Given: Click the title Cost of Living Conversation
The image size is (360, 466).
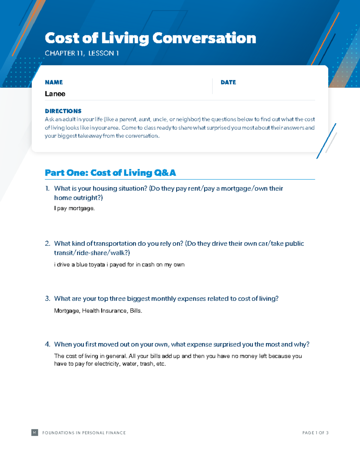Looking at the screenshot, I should tap(150, 38).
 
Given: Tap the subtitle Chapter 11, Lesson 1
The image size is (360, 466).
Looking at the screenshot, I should tap(82, 53).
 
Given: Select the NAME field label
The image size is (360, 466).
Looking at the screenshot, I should tap(54, 82).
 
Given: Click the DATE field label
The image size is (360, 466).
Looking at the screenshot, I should tap(228, 82).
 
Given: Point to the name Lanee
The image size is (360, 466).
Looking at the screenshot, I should tap(55, 94).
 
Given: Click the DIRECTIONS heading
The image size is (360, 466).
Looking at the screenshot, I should tap(63, 111).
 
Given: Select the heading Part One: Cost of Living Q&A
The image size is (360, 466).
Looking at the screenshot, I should tap(110, 173).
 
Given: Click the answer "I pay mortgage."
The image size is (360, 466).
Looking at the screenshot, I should tap(74, 208).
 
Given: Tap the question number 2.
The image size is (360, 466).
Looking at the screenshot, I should tap(47, 243).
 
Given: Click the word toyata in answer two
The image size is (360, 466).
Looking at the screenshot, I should tap(97, 265).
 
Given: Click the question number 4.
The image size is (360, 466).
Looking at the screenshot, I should tap(47, 344).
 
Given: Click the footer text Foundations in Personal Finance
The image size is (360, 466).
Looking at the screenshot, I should tap(84, 433).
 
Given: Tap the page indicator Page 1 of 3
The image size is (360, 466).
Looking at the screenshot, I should tap(315, 433).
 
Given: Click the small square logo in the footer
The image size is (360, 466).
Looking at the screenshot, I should tap(35, 432).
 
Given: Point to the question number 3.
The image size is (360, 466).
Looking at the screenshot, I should tap(47, 299).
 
